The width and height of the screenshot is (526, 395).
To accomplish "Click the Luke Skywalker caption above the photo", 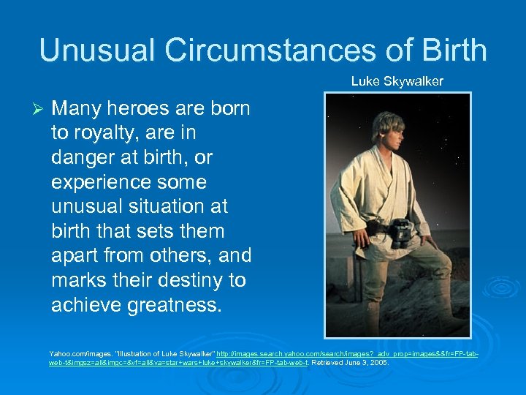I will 397,81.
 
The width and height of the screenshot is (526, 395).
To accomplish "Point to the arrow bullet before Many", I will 41,109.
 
